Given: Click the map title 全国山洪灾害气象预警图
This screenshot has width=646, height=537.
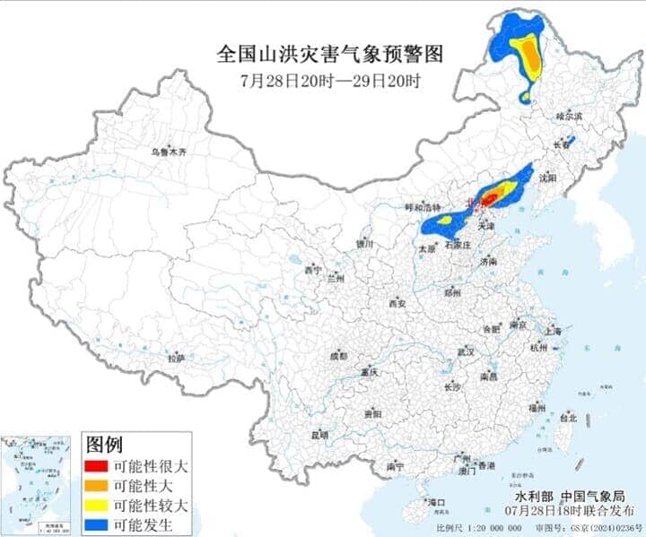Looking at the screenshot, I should (330, 54).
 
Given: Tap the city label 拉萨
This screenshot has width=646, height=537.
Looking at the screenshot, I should (176, 359).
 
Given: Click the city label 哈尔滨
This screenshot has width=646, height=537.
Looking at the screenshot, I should (569, 117).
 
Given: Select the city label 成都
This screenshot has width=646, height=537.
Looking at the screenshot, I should (337, 356).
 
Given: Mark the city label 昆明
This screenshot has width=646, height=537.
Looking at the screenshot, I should (319, 435).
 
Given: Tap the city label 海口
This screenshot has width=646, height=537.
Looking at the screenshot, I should (437, 501).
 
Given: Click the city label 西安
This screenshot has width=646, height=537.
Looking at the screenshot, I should (397, 304).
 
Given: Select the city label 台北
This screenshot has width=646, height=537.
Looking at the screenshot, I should (568, 418).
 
